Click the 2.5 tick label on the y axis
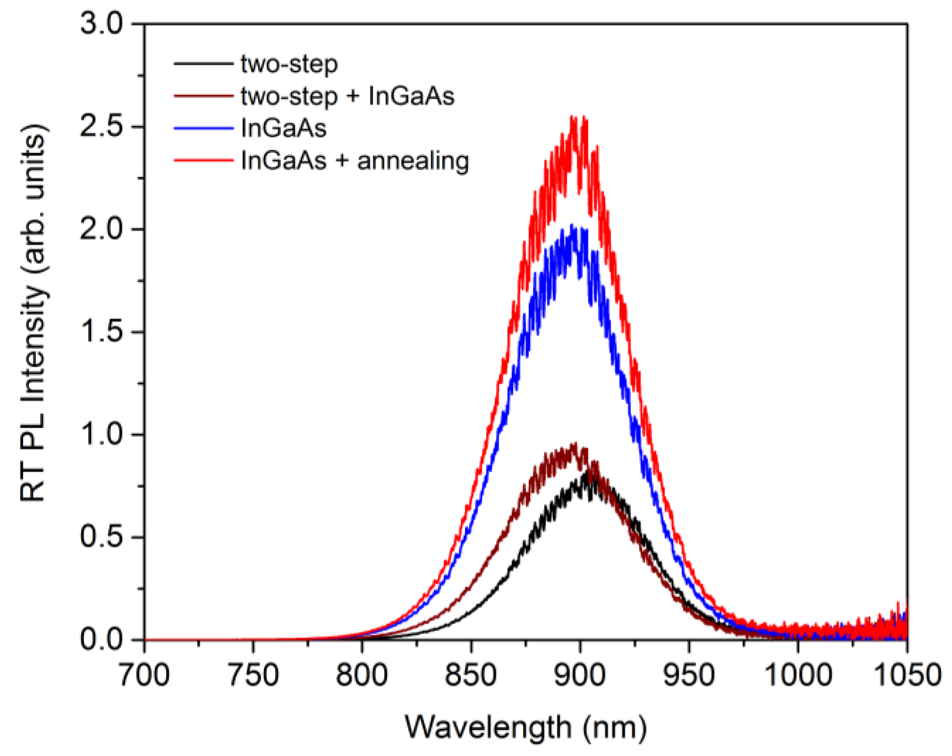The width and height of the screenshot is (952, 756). tap(101, 126)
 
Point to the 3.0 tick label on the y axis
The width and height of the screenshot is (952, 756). tap(101, 24)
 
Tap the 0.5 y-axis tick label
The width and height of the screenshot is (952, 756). tap(101, 537)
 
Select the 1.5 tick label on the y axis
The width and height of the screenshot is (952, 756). tap(101, 331)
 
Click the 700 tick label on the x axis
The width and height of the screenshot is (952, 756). tap(144, 675)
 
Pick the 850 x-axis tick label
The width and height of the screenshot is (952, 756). tap(471, 675)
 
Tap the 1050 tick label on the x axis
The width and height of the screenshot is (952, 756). tap(907, 675)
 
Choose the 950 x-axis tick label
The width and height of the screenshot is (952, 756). tap(689, 675)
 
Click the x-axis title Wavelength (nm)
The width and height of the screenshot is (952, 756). tap(525, 727)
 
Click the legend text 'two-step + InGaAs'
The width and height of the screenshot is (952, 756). tap(347, 96)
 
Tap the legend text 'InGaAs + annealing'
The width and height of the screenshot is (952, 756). tap(355, 160)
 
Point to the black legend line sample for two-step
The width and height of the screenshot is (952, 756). tap(203, 64)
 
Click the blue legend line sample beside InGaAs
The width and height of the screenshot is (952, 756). tap(203, 128)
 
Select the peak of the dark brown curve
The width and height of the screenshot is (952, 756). tap(574, 444)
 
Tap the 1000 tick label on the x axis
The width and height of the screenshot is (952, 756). tap(798, 675)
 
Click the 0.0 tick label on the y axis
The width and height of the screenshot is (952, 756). tap(101, 640)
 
